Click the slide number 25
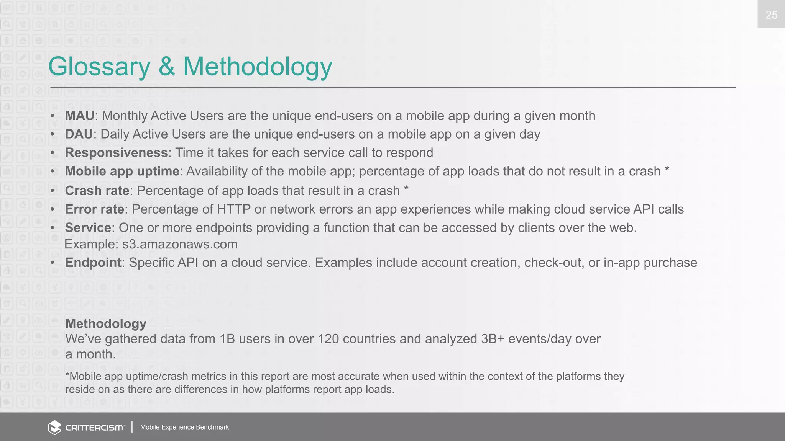(771, 15)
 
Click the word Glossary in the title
(99, 67)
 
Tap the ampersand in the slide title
(167, 66)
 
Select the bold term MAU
(79, 116)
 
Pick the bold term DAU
(79, 134)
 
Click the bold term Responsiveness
(116, 152)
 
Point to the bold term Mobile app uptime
(122, 171)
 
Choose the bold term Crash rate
(97, 191)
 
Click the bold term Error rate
(94, 209)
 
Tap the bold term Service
(88, 228)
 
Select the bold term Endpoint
(93, 263)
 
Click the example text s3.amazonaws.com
(180, 244)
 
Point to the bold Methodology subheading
(106, 323)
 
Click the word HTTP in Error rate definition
(233, 209)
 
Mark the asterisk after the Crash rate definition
(406, 189)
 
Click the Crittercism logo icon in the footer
(54, 427)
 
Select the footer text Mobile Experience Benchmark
(184, 427)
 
